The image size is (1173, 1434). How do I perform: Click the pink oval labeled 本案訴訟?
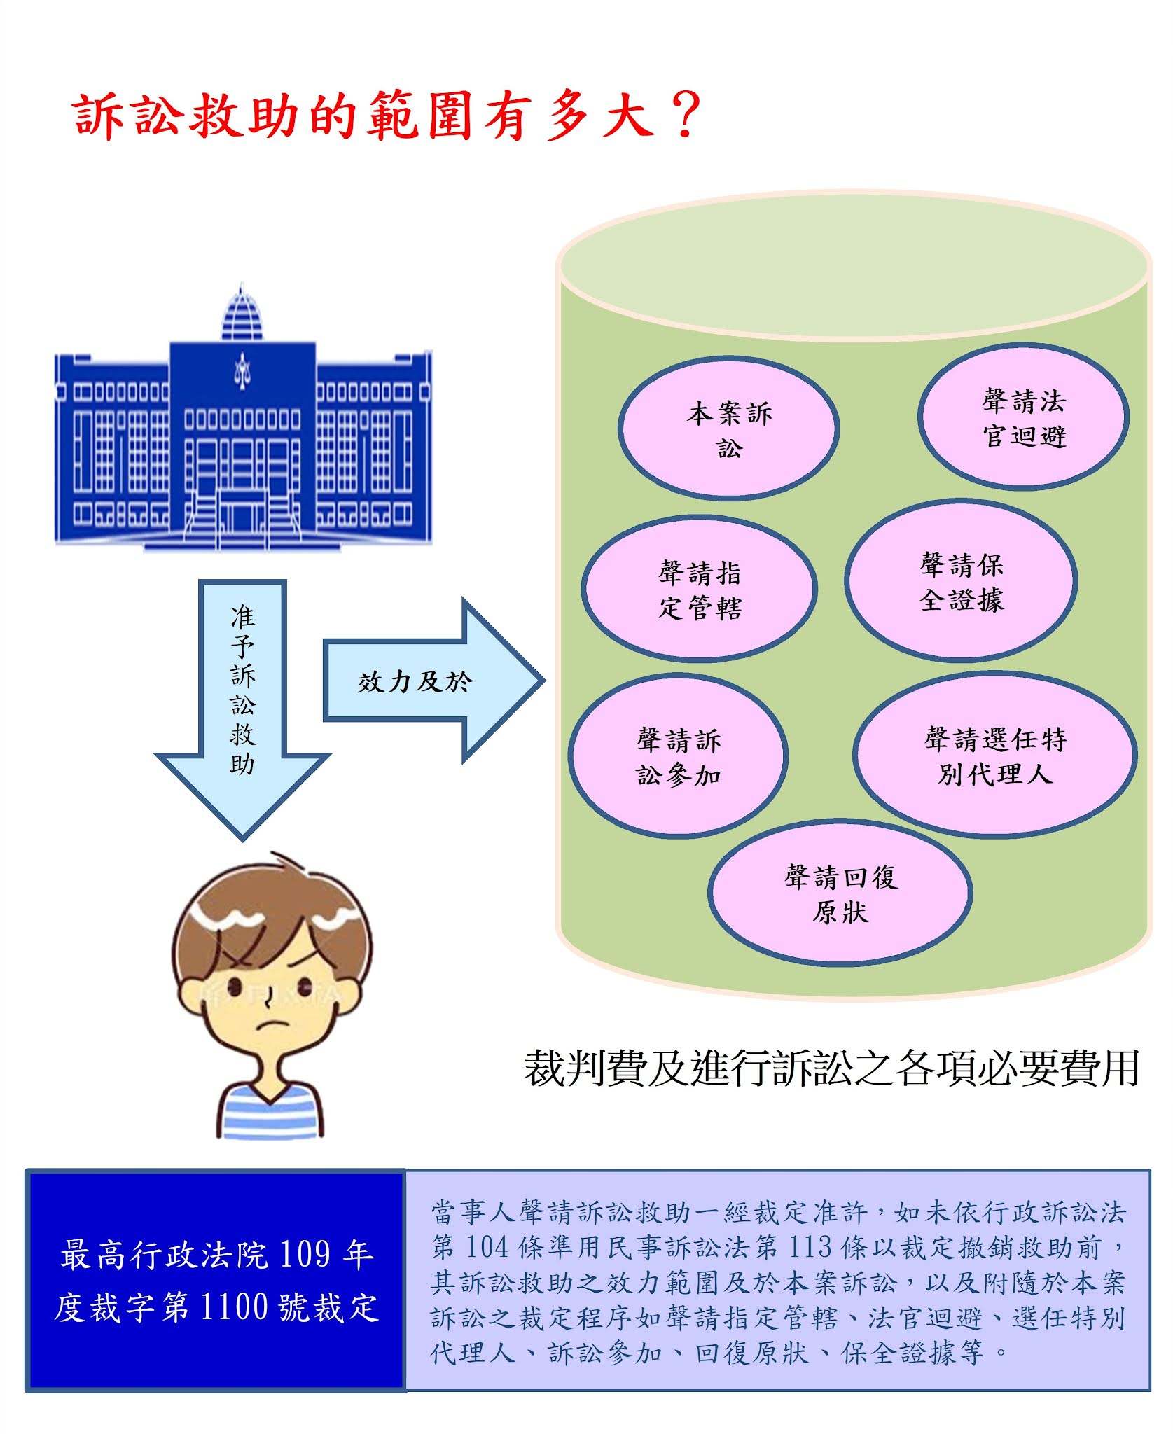point(728,429)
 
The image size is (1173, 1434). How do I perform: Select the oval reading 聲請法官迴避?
point(1023,417)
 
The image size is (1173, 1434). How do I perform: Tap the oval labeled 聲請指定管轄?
point(699,590)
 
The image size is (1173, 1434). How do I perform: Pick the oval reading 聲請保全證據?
point(961,581)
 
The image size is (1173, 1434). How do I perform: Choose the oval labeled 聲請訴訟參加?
point(678,756)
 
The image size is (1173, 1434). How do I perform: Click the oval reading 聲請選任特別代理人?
point(994,755)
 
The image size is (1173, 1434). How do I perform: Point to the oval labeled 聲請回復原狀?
point(840,893)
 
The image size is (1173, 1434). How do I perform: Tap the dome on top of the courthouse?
point(242,315)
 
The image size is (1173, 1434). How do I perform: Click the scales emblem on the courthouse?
point(242,371)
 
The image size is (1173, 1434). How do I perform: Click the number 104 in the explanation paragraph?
point(487,1246)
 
